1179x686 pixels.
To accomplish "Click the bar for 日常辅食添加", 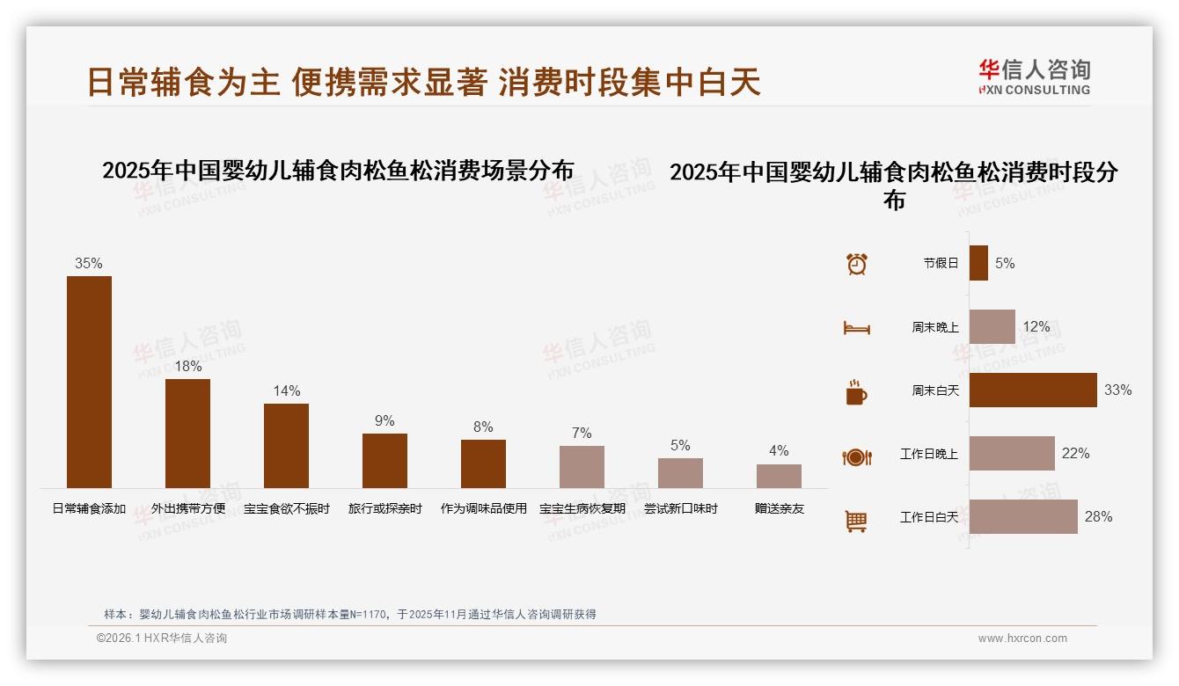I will [x=89, y=382].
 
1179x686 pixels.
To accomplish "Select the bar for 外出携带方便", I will [x=187, y=433].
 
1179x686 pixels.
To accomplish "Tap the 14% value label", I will [x=287, y=390].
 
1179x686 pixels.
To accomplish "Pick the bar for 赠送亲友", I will [x=779, y=476].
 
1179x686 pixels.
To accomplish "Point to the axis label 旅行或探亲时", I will [x=384, y=508].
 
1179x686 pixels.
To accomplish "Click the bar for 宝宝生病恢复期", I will [x=582, y=466].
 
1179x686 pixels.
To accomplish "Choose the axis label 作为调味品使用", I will [x=483, y=508].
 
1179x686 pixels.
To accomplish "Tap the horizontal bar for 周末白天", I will [x=1033, y=390].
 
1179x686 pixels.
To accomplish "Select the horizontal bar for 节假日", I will [x=978, y=263].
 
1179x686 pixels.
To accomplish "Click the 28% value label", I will [x=1098, y=517].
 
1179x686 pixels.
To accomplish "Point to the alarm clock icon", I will [x=856, y=264].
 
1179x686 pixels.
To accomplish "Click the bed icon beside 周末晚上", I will [x=856, y=328].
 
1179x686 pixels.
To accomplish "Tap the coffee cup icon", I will [x=856, y=392].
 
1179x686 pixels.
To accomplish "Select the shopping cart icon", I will [x=856, y=521].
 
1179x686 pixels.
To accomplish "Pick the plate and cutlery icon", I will [x=856, y=456].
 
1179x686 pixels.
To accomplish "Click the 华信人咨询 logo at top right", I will [x=1034, y=77].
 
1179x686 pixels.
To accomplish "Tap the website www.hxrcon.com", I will [x=1022, y=639].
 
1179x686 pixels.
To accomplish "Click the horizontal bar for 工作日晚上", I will [x=1012, y=453].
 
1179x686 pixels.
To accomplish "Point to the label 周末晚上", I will [x=935, y=327].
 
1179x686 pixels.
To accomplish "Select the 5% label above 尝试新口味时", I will [x=680, y=446].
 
